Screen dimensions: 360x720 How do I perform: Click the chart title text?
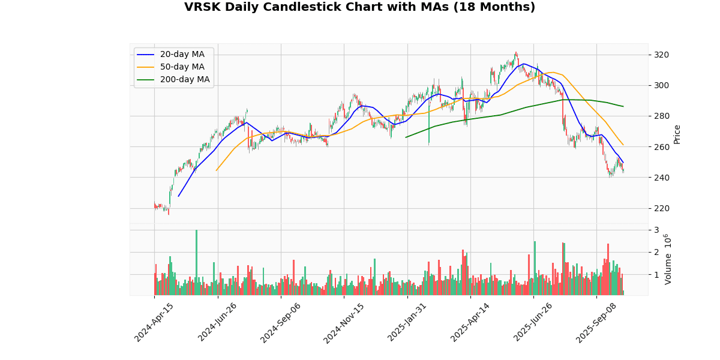point(359,7)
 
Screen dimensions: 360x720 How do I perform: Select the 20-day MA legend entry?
point(182,55)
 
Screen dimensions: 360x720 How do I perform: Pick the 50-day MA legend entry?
point(182,67)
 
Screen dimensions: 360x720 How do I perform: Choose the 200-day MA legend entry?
point(184,80)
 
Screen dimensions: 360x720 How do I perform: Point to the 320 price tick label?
point(661,55)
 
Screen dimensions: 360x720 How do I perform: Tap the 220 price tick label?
point(661,208)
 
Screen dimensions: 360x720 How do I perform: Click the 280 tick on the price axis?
point(661,116)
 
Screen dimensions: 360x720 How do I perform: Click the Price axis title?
point(677,134)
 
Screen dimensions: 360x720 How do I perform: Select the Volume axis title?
point(668,259)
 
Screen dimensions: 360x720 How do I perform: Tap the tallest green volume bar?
point(196,263)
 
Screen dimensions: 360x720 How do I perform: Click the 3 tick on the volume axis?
point(656,230)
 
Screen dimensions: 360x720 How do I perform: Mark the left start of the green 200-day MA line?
point(406,137)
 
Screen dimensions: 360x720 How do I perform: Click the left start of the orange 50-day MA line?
point(217,170)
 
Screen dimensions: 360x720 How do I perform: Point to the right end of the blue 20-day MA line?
point(623,162)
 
